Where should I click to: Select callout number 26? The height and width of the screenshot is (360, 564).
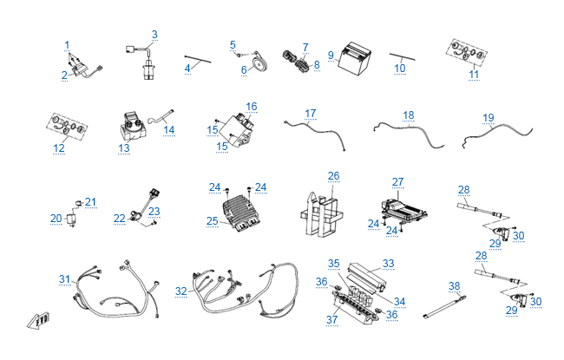pos(333,176)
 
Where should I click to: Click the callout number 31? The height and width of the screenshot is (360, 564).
pos(64,278)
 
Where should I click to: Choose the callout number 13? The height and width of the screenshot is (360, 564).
pos(124,148)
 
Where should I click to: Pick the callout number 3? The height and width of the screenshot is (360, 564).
pos(154,35)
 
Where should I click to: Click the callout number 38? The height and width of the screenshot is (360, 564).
pos(454,285)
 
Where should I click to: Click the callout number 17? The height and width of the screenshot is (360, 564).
pos(311,114)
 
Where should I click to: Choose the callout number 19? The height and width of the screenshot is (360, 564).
pos(489,117)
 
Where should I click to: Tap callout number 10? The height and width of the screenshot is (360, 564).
pos(399,67)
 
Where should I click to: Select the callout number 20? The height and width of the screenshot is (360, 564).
pos(56,218)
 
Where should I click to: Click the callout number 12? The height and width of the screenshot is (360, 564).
pos(59,148)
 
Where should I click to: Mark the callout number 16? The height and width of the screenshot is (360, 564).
pos(252,106)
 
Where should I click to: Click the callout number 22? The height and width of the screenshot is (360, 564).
pos(120,218)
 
